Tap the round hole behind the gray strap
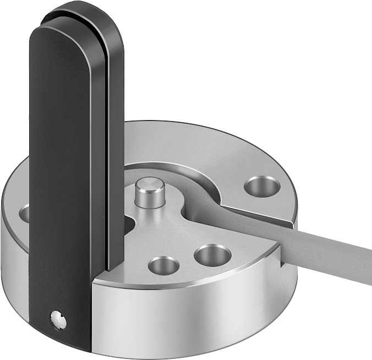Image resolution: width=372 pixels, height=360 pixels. (x=262, y=186)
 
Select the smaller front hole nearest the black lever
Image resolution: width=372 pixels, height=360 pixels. (x=163, y=265)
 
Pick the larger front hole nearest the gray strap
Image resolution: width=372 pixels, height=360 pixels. (x=212, y=254)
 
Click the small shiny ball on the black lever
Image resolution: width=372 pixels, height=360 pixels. (x=58, y=320)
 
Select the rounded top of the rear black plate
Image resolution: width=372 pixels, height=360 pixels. (x=94, y=14)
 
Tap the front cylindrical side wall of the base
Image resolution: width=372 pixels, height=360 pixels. (x=193, y=314)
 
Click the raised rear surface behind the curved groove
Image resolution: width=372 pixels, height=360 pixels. (x=182, y=143)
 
